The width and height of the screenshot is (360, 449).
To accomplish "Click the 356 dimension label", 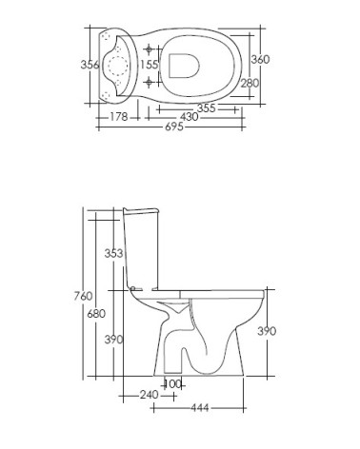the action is pos(90,65).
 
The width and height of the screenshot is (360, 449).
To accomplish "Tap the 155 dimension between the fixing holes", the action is pos(150,65).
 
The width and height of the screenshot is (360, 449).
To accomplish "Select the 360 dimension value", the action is pos(260,59).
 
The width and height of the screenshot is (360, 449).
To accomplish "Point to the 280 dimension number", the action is pos(250,84).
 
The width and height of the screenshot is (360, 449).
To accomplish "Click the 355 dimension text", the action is pos(207,108).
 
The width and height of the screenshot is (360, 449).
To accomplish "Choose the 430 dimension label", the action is pos(189,117).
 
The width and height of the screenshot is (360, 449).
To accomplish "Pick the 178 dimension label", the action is pos(119,117).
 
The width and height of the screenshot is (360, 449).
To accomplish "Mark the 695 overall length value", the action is pos(174,127).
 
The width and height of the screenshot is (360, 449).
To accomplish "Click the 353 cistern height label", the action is pos(113,253).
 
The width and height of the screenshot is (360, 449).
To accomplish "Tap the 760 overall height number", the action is pos(83,296).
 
